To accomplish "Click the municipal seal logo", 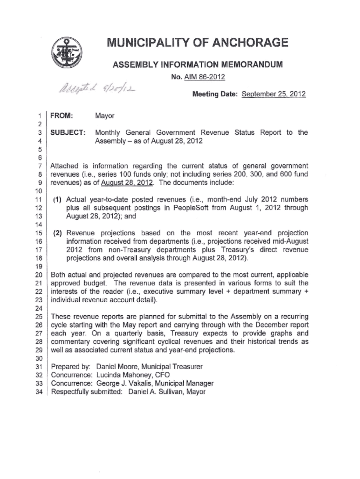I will click(x=66, y=53).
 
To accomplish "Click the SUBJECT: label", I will click(x=68, y=132).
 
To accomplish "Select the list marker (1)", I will click(x=58, y=200).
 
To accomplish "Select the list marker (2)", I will click(x=58, y=233).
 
